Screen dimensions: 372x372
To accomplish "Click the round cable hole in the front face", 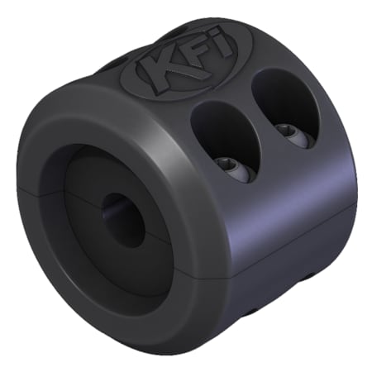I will coord(122,219).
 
